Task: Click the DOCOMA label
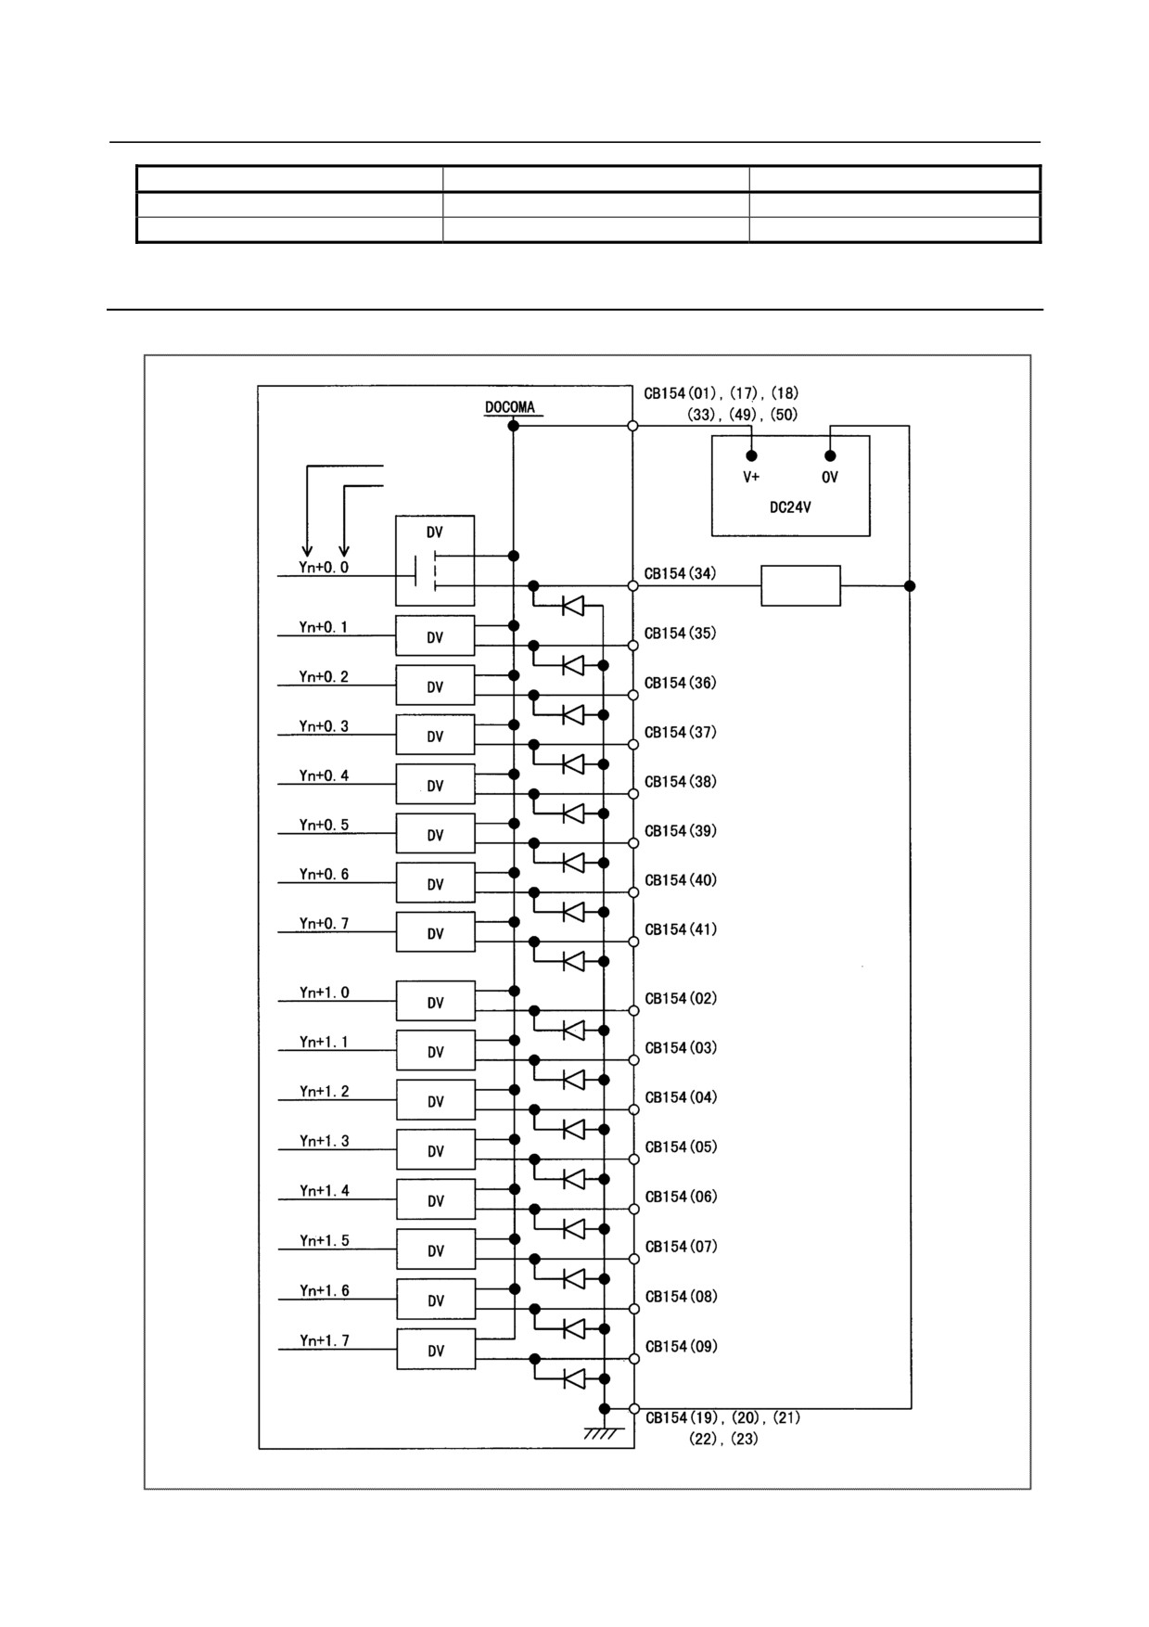click(x=509, y=407)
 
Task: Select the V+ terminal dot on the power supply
click(x=751, y=455)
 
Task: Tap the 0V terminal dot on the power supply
click(x=830, y=455)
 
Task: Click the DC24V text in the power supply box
click(x=790, y=507)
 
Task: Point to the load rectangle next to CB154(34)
click(x=800, y=585)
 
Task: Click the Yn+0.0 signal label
click(x=324, y=567)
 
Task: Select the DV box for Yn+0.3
click(x=435, y=735)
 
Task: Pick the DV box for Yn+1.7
click(x=436, y=1349)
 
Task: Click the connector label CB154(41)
click(x=681, y=929)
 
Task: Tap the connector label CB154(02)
click(x=681, y=998)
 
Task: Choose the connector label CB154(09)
click(x=681, y=1346)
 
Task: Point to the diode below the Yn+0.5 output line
click(x=573, y=863)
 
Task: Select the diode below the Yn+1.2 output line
click(x=574, y=1129)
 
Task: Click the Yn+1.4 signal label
click(x=325, y=1191)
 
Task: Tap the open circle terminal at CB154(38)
click(x=633, y=794)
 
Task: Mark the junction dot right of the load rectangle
click(x=910, y=585)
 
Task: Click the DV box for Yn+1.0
click(x=436, y=1001)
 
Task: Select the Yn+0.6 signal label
click(x=324, y=874)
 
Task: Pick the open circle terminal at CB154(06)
click(x=634, y=1210)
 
